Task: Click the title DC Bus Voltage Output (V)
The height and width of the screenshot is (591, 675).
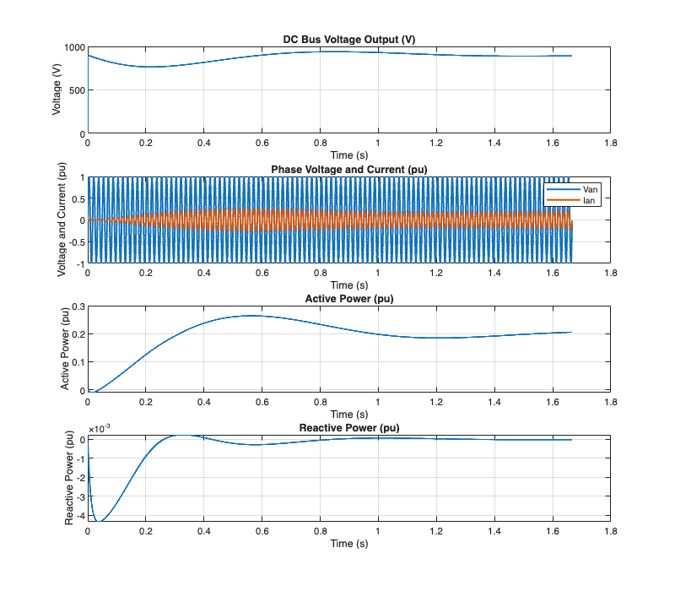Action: point(348,40)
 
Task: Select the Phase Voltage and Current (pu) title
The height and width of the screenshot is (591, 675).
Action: point(348,170)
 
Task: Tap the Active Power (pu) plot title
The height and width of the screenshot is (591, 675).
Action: point(348,299)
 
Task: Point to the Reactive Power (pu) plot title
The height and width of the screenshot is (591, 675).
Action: point(348,428)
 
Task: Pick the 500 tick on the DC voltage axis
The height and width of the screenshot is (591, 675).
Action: point(76,90)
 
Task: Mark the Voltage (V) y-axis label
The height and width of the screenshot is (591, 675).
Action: point(57,90)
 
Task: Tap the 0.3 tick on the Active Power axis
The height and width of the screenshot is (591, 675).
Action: point(76,306)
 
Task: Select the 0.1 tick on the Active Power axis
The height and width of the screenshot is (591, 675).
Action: point(76,362)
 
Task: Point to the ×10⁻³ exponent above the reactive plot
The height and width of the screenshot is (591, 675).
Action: point(100,430)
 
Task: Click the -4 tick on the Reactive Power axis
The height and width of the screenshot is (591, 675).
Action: point(80,514)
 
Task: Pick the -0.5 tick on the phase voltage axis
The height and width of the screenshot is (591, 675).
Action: point(74,242)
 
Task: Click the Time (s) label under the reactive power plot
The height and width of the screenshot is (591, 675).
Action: point(348,543)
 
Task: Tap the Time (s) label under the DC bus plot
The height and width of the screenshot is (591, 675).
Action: point(348,155)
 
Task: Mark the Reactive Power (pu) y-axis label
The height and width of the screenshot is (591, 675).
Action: point(69,479)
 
